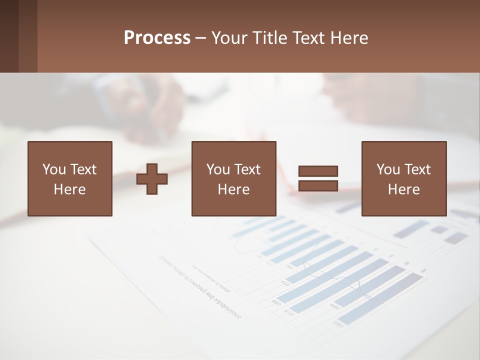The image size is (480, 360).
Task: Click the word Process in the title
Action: [x=157, y=38]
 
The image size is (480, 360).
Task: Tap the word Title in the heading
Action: [x=270, y=38]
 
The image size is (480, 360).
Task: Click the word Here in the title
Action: [x=351, y=38]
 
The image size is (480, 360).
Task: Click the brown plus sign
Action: [x=152, y=179]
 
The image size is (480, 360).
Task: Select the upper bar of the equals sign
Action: [x=318, y=171]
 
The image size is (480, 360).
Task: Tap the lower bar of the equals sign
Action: [x=318, y=185]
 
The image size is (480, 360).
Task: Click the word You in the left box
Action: [x=53, y=169]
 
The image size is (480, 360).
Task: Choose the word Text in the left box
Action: [x=83, y=169]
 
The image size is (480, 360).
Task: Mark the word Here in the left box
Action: [x=69, y=189]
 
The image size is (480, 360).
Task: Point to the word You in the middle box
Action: [x=218, y=169]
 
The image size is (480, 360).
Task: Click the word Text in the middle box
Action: [x=247, y=169]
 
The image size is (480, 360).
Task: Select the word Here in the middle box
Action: [x=233, y=189]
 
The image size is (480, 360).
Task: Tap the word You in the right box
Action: [x=388, y=169]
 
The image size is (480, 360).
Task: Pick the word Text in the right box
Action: [x=417, y=169]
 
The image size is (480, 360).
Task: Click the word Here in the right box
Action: [x=403, y=189]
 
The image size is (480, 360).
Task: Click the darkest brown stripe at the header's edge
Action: [x=9, y=36]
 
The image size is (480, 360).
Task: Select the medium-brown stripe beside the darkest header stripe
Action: [x=28, y=36]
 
